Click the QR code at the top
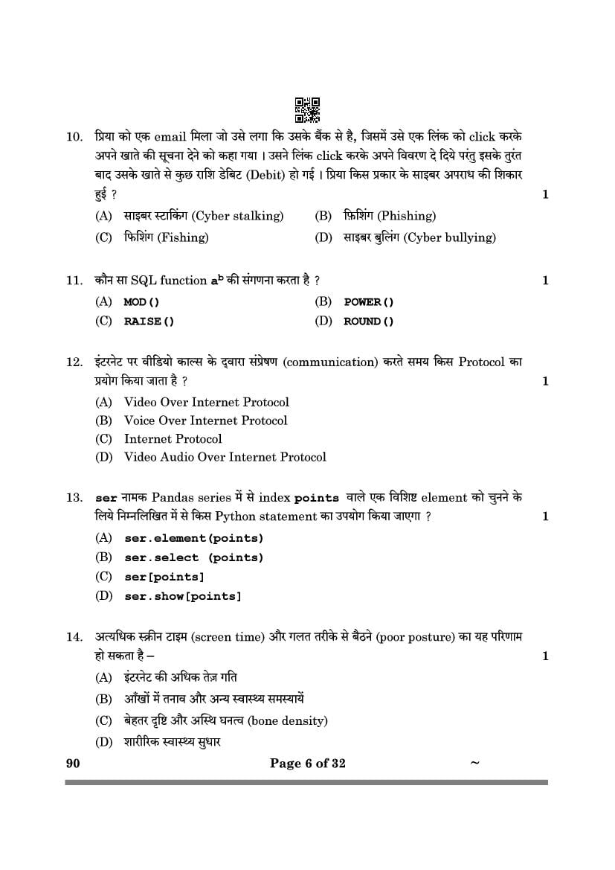coord(307,109)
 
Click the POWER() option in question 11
coord(369,302)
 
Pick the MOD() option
coord(141,302)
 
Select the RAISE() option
coord(149,322)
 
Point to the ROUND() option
coord(369,322)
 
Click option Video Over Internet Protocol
coord(206,402)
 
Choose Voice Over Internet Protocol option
coord(205,420)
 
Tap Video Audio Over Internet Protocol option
coord(225,457)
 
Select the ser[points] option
coord(164,577)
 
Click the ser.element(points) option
coord(193,538)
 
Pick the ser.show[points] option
coord(182,596)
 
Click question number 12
coord(74,362)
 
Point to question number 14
coord(74,637)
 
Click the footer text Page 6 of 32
coord(307,764)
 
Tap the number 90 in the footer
coord(72,764)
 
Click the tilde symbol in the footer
coord(475,763)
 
